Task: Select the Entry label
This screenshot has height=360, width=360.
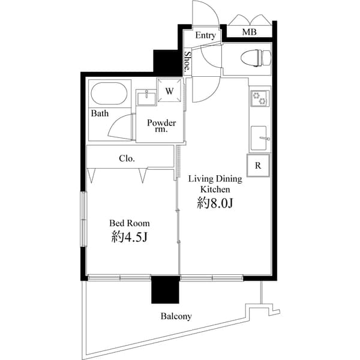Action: tap(205, 35)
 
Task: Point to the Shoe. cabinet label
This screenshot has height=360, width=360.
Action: tap(187, 62)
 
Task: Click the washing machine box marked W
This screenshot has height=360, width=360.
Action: tap(169, 91)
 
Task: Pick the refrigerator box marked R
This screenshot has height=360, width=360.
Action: tap(258, 166)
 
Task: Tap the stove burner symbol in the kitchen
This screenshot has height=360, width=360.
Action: tap(259, 97)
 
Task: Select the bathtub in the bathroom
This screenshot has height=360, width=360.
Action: tap(108, 94)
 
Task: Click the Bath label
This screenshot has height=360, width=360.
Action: tap(100, 113)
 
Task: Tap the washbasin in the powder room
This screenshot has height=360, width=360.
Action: tap(146, 98)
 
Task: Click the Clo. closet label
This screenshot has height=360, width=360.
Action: tap(127, 159)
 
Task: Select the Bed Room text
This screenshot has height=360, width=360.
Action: tap(130, 223)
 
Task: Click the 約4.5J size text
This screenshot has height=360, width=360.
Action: tap(130, 237)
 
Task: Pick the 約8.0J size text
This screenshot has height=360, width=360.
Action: tap(215, 204)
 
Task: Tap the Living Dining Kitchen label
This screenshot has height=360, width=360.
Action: tap(215, 184)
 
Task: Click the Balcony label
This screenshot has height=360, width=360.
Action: tap(176, 316)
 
